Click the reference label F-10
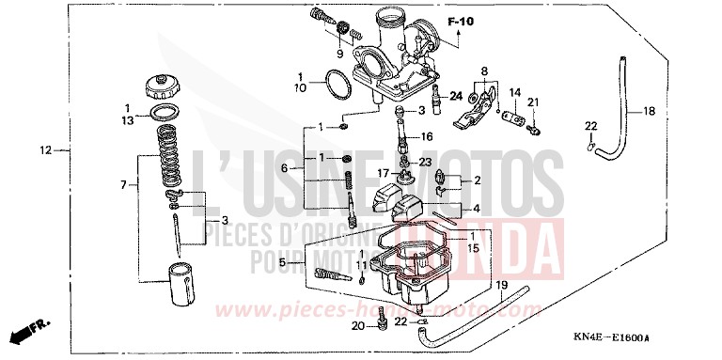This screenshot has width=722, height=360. [x=462, y=21]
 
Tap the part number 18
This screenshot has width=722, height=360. [x=649, y=112]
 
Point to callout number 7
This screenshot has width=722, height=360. [x=124, y=185]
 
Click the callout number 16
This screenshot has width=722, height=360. [x=426, y=136]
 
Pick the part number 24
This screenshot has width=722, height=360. [x=456, y=95]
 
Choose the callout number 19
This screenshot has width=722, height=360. [x=501, y=284]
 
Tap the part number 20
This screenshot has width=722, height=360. [x=357, y=326]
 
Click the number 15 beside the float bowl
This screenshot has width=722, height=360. [x=473, y=248]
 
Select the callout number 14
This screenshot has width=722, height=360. [x=514, y=92]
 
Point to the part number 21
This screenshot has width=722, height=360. [x=532, y=102]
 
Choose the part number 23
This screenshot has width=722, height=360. [x=426, y=162]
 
